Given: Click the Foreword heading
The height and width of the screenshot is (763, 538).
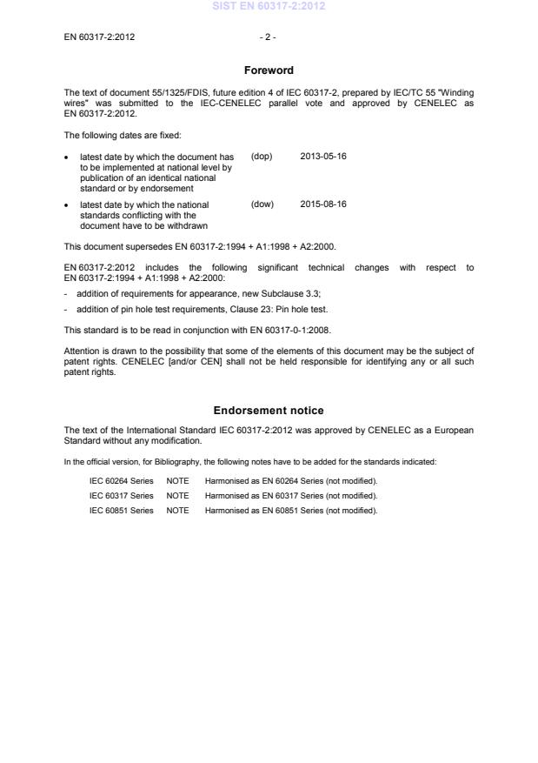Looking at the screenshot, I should point(269,70).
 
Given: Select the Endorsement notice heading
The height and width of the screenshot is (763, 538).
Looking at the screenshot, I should point(269,410).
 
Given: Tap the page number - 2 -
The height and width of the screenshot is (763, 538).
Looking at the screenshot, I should point(268,37).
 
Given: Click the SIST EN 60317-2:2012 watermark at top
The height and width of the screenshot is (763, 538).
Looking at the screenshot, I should point(269,7).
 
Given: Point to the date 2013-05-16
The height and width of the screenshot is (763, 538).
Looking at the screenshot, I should point(323,157).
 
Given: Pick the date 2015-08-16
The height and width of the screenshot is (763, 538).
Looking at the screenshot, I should point(323,204).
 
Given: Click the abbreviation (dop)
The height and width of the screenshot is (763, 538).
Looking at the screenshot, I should point(262,157).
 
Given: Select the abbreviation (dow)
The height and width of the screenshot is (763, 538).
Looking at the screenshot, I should point(262,204).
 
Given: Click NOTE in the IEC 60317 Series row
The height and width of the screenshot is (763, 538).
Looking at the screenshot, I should point(177,495).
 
